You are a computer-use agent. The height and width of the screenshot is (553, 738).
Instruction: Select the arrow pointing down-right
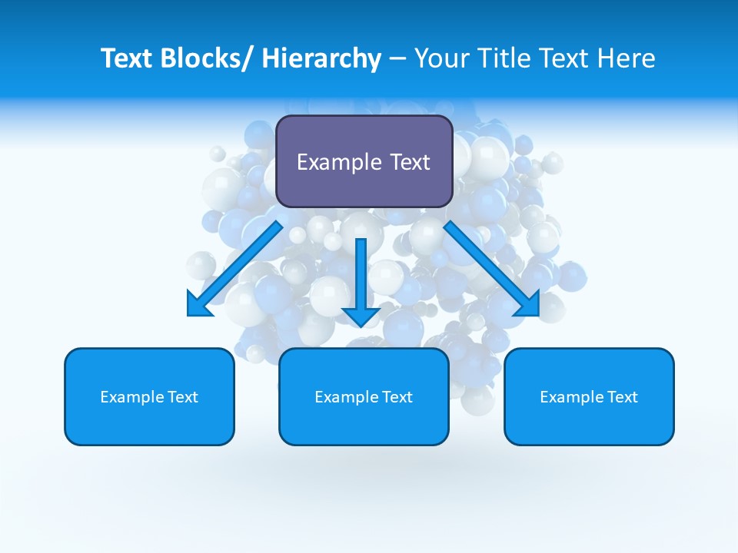coord(488,266)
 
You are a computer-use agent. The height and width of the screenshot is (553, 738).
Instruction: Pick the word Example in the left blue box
coord(131,397)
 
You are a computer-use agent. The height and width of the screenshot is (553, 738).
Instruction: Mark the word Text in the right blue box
coord(622,397)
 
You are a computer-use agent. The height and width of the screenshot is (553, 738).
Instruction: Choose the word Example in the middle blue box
coord(346,397)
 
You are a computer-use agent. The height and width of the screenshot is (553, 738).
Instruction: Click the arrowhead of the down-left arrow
coord(198,305)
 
